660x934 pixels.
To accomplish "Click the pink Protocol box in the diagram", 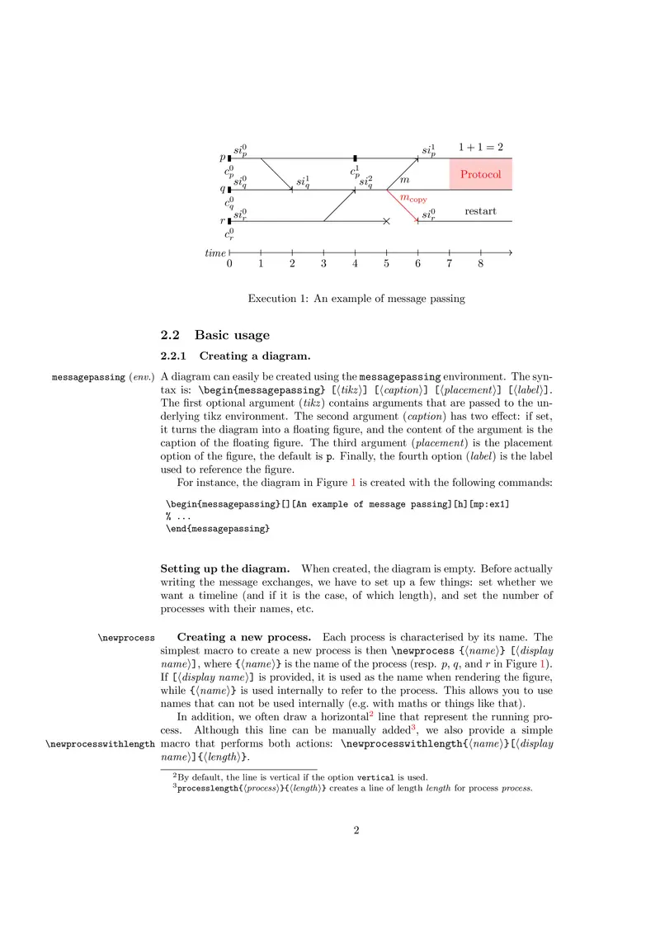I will [x=481, y=174].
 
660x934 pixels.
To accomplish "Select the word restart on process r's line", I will [x=480, y=211].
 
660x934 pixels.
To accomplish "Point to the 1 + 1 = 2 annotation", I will [x=481, y=147].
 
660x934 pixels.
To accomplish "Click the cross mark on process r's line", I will [x=386, y=221].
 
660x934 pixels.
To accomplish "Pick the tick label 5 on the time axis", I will [x=386, y=264].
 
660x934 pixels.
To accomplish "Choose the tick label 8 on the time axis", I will [x=480, y=264].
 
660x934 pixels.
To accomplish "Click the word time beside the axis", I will [x=215, y=252].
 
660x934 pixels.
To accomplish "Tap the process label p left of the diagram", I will [x=222, y=158].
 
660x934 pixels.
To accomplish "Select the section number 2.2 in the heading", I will [x=170, y=336].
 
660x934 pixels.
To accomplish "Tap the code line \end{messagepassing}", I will [x=218, y=529].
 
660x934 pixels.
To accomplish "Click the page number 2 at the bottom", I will [x=357, y=830].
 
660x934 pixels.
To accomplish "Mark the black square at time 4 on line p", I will [x=355, y=158].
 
